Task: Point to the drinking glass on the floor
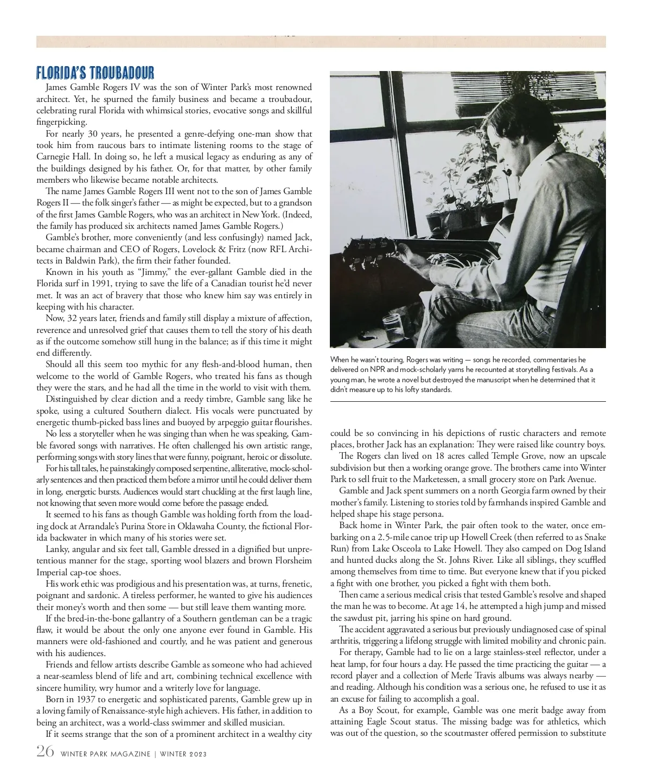pos(391,326)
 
